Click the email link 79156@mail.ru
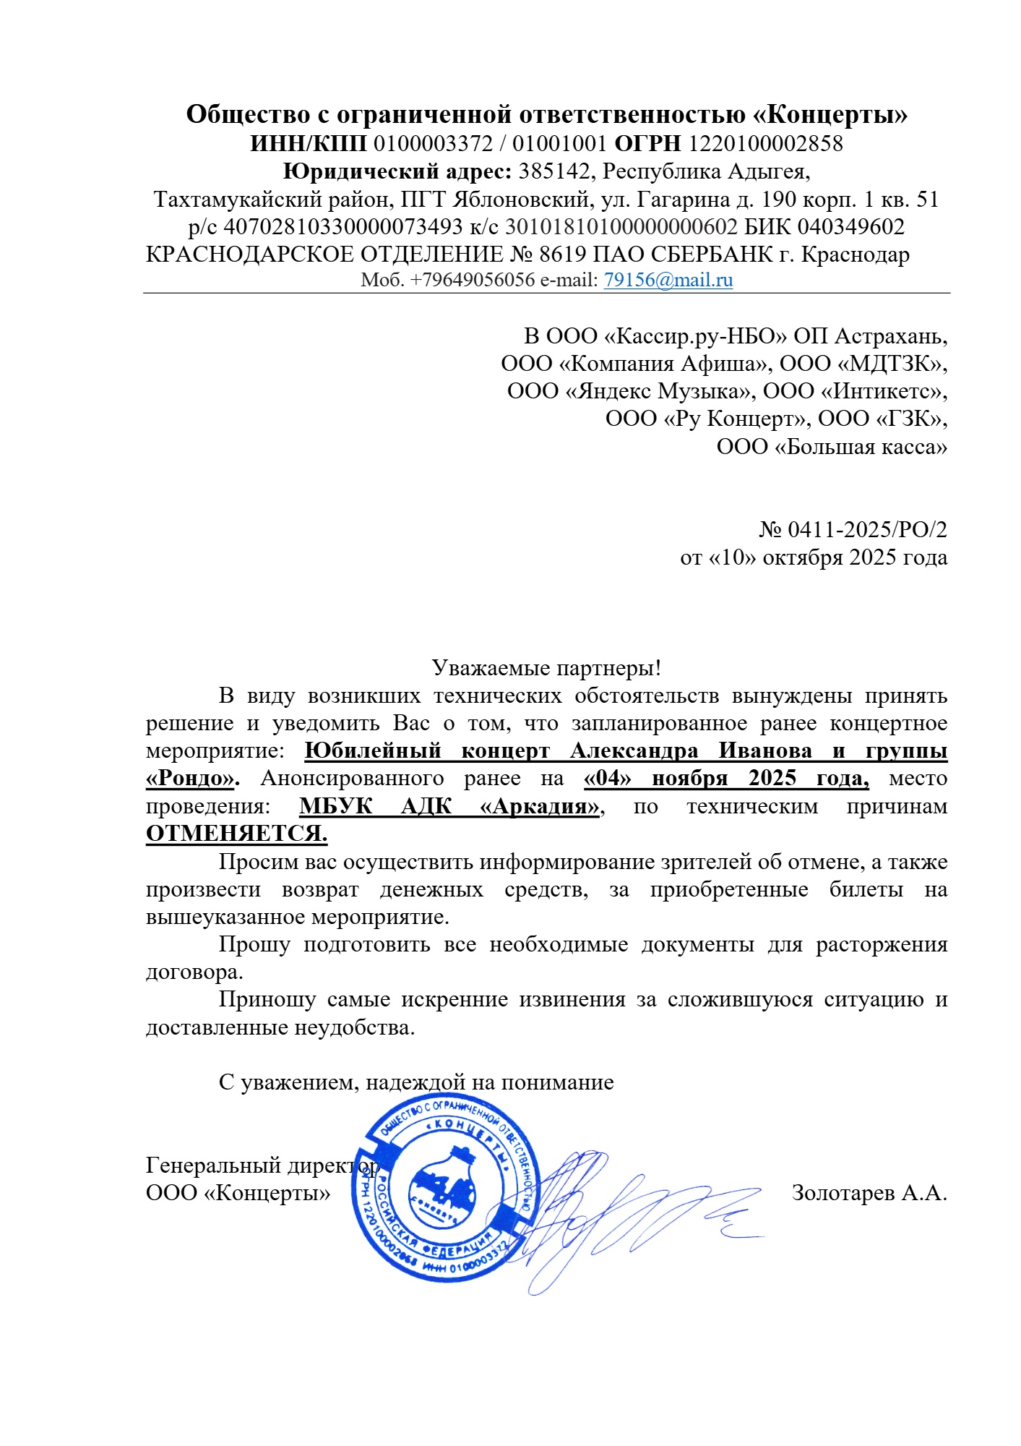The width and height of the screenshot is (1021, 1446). click(668, 280)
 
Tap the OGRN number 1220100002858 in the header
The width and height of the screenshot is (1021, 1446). click(766, 143)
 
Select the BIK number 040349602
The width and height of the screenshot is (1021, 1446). click(850, 227)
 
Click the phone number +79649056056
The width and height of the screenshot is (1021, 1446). click(473, 280)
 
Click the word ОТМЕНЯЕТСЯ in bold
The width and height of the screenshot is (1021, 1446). click(236, 834)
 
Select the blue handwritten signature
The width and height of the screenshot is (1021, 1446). click(636, 1215)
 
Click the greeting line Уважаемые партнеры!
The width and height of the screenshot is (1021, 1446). click(546, 667)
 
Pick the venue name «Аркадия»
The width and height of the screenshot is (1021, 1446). click(540, 806)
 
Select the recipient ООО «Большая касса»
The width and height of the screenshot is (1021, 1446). click(832, 447)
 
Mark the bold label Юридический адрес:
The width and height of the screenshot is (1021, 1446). click(397, 171)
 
